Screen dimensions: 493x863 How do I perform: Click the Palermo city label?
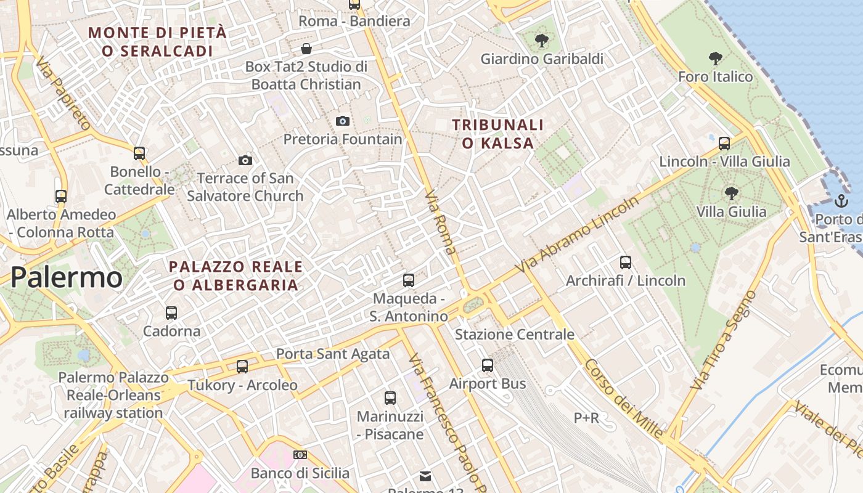point(67,278)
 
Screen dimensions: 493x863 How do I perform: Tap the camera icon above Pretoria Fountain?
point(343,121)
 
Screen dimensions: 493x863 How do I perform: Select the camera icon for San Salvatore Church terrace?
point(245,161)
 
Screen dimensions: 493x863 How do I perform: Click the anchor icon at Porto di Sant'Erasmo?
point(841,200)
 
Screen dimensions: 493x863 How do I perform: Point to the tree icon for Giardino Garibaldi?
point(542,41)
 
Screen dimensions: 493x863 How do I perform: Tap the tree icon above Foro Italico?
point(715,59)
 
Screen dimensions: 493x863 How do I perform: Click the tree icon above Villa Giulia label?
point(731,194)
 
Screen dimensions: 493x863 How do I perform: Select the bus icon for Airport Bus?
point(488,365)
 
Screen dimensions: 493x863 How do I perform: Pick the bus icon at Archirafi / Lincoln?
point(626,263)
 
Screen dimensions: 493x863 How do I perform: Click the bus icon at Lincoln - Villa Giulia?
point(724,144)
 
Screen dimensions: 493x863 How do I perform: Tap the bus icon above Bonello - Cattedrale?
point(139,153)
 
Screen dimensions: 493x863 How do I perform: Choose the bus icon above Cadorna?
point(171,313)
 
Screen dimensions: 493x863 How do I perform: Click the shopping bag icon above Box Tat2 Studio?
point(306,49)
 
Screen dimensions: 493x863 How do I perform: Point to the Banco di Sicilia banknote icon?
point(300,455)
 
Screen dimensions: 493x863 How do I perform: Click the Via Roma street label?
point(441,222)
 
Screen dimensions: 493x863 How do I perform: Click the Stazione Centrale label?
point(515,335)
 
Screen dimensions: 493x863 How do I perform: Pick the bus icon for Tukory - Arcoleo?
point(242,367)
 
